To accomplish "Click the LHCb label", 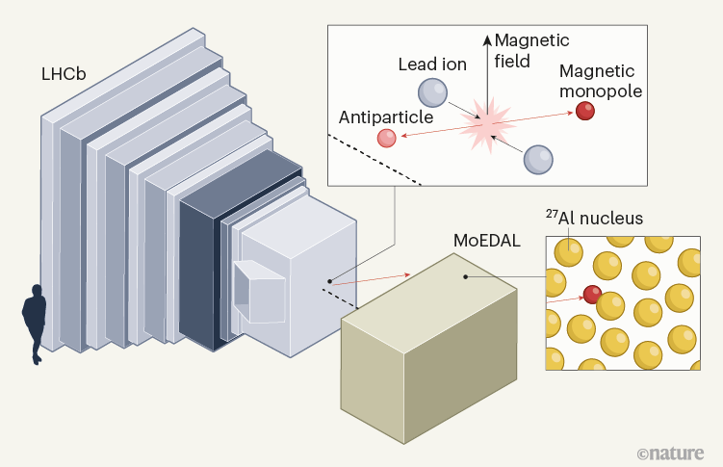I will point(63,74).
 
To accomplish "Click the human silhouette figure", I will point(34,323).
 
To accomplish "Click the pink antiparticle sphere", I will point(387,138).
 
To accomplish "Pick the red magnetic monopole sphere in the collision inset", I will point(585,111).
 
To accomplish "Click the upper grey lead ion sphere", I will point(432,92).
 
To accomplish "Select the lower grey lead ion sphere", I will point(538,158).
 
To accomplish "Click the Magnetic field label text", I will point(531,50).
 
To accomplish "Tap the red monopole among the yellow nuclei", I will point(592,295).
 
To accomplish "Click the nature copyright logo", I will point(671,451).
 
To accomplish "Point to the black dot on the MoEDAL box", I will point(466,277).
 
